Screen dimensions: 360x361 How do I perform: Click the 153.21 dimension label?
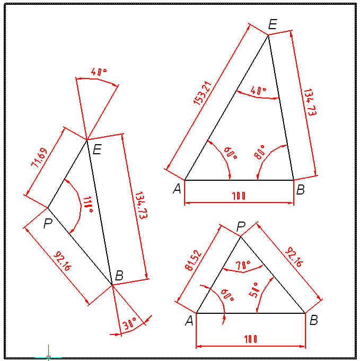pos(203,93)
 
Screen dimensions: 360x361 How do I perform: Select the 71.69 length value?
pos(39,158)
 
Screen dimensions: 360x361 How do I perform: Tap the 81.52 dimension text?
pos(193,260)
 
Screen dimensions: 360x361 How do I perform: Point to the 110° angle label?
pos(88,205)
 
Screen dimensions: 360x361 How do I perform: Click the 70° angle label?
pos(243,265)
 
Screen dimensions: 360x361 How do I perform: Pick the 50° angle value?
pos(254,290)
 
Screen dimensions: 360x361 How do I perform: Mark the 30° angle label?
pos(129,324)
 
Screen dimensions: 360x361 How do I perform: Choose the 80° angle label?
pos(259,152)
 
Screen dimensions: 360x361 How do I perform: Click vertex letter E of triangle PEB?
pos(97,149)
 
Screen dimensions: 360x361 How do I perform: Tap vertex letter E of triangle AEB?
pos(273,24)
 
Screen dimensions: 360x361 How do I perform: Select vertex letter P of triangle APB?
pos(241,227)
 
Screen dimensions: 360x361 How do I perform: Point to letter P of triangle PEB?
pos(48,223)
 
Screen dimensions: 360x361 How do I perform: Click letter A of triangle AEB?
pos(177,189)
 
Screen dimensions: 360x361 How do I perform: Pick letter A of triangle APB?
pos(189,321)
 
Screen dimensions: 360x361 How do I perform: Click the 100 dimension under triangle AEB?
pos(239,196)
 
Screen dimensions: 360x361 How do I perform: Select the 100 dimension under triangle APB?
pos(251,339)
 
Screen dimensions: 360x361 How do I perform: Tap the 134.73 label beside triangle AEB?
pos(310,102)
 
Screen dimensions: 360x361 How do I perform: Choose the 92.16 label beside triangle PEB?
pos(63,261)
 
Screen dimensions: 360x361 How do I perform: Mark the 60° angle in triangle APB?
pos(227,295)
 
